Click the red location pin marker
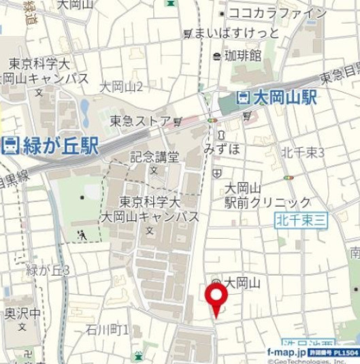coord(216,298)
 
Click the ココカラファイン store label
coord(277,12)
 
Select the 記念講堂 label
coord(154,157)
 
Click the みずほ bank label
coord(222,149)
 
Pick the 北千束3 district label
coord(304,152)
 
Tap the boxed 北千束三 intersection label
coord(302,220)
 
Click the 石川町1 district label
coord(108,330)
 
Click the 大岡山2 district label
coord(121,86)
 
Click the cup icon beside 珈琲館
coord(216,56)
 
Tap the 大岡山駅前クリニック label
coord(268,195)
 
